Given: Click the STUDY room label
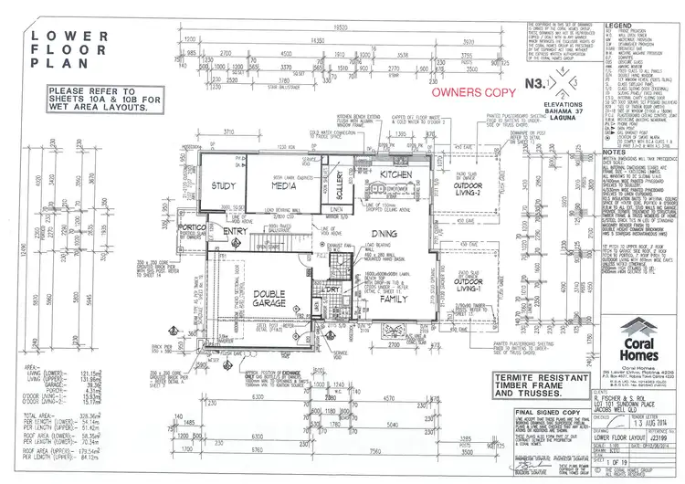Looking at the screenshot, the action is (225, 186).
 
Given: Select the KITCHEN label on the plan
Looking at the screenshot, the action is (397, 172).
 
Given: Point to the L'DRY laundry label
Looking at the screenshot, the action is (330, 290).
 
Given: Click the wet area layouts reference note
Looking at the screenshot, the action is (100, 99).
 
